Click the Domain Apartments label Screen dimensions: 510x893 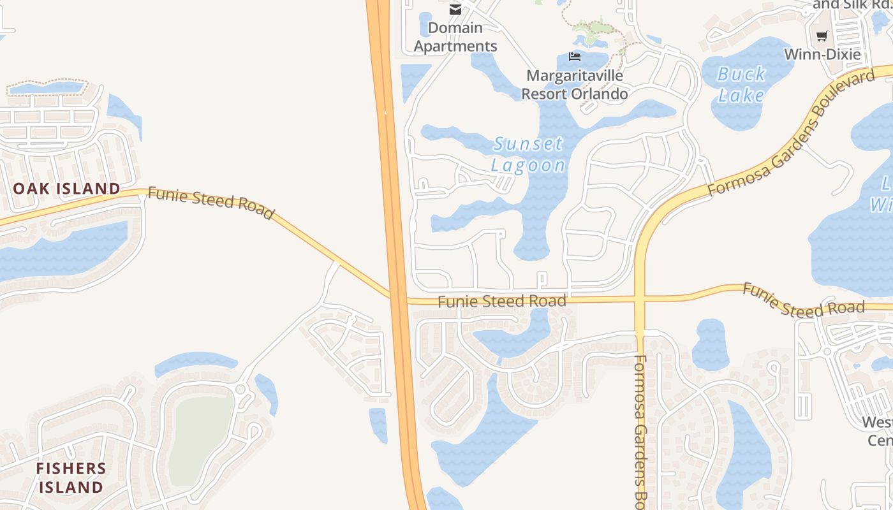point(455,37)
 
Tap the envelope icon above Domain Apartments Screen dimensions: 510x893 point(455,9)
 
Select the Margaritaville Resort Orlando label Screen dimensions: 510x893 point(574,85)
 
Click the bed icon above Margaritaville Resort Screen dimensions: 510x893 point(575,57)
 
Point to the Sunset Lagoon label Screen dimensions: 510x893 point(528,154)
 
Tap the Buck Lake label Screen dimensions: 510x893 point(741,85)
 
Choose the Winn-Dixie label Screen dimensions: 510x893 point(822,54)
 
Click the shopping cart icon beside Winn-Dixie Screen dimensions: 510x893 point(822,36)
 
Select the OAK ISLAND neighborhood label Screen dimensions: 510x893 point(66,189)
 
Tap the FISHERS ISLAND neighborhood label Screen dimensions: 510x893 point(70,477)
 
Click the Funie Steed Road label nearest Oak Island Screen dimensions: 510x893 point(210,202)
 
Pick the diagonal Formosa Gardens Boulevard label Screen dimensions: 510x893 point(791,133)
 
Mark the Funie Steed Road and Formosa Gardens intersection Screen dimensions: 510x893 point(640,299)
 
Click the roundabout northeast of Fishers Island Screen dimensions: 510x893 point(240,389)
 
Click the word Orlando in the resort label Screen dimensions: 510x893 point(597,94)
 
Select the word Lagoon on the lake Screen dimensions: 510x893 point(528,166)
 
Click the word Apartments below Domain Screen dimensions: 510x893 point(455,46)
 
